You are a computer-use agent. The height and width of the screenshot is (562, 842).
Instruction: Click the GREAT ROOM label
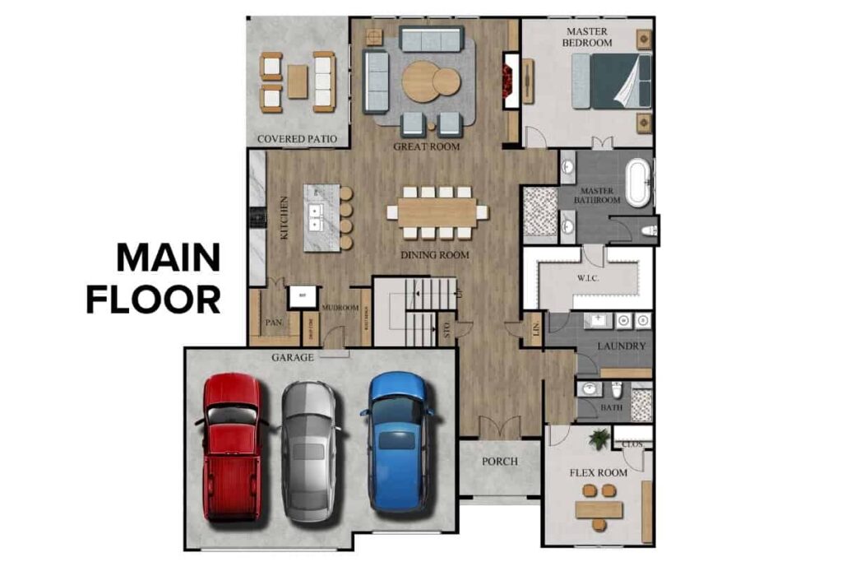(426, 146)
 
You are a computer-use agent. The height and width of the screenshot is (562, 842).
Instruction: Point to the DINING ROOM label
(435, 255)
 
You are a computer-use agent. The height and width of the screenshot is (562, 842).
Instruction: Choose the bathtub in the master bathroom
(637, 183)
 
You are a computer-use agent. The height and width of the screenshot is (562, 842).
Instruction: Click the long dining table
(437, 211)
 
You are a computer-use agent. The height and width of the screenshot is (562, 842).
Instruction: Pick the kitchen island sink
(315, 216)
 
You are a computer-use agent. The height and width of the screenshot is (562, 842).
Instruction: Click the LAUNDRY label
(621, 346)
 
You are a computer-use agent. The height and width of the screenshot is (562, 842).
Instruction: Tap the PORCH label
(500, 462)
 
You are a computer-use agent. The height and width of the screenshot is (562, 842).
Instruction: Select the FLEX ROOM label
(599, 472)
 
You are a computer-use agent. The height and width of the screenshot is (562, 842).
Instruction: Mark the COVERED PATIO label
(297, 139)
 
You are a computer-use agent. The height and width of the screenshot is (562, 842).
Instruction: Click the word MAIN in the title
(168, 258)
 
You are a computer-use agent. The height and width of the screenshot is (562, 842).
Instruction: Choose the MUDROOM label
(338, 308)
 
